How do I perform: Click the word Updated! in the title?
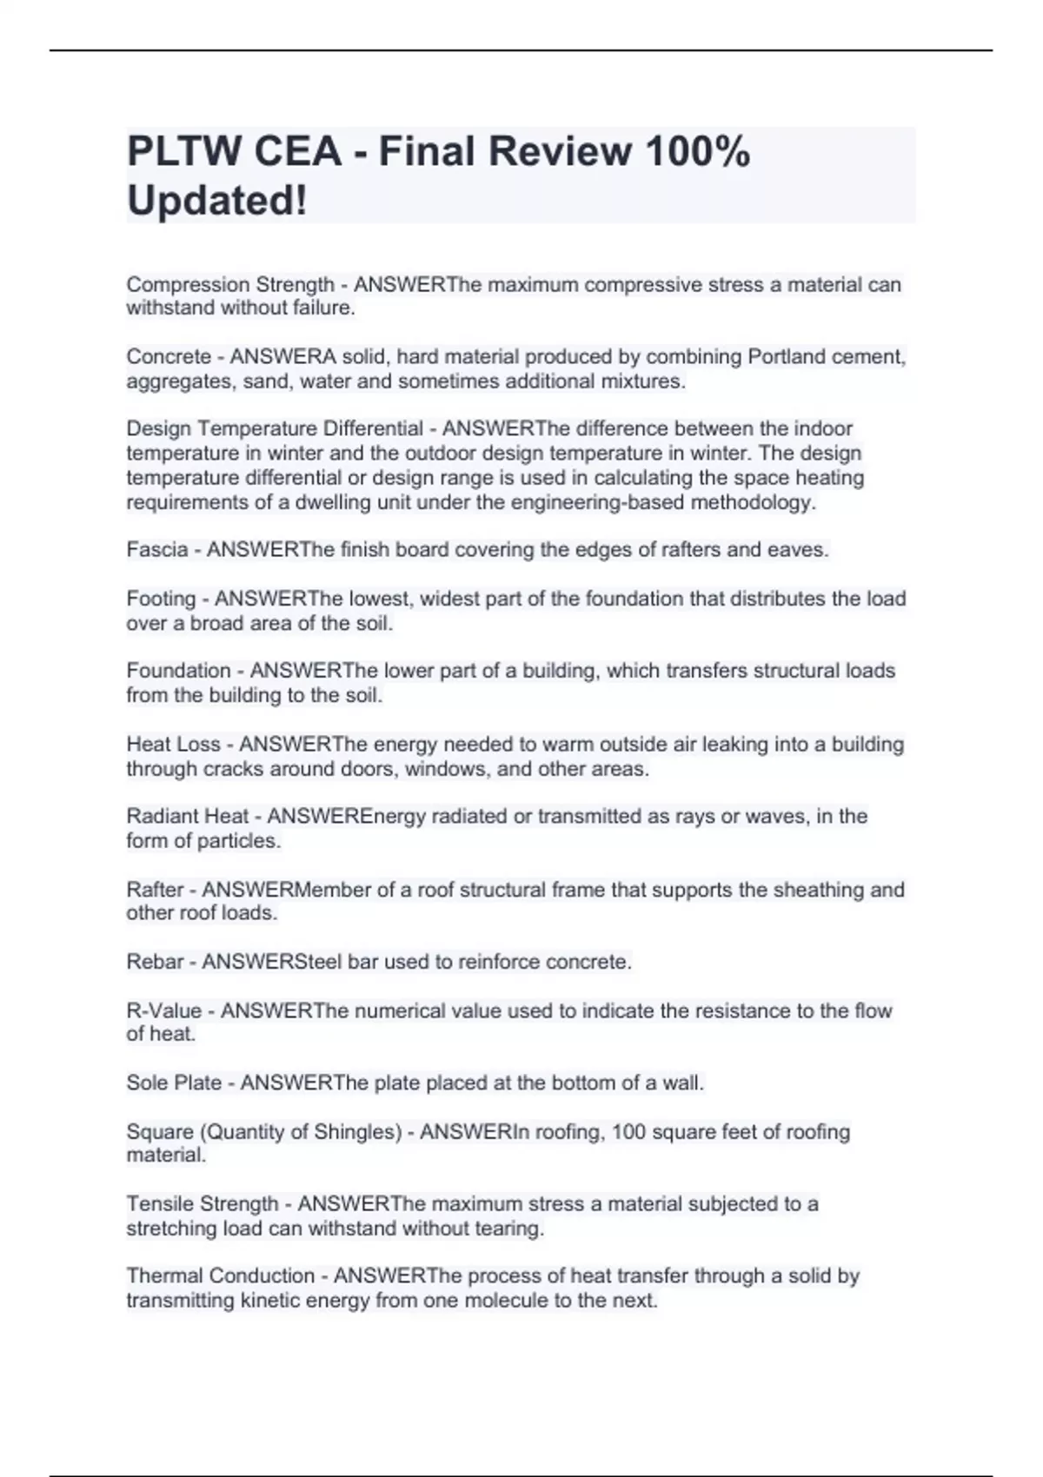217,201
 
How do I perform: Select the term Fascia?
156,550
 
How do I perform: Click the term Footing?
161,599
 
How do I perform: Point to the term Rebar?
155,962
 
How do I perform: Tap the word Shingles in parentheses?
357,1132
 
